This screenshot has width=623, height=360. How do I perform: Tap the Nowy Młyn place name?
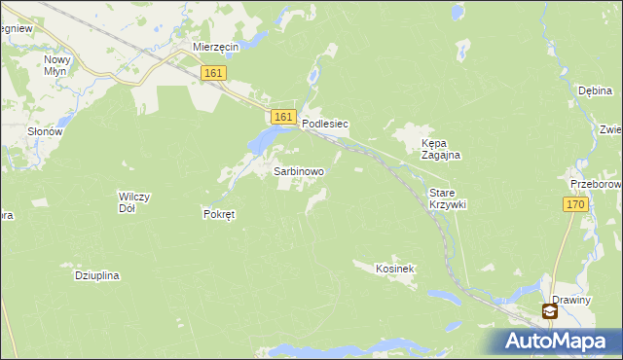coord(57,65)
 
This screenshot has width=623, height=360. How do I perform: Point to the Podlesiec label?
coord(325,125)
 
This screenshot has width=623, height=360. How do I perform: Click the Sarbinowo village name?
coord(299,170)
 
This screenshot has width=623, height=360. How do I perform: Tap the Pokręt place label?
coord(219,214)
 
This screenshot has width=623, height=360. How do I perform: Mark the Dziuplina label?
coord(96,275)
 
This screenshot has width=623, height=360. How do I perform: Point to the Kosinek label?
coord(396,267)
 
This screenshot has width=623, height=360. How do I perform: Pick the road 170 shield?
coord(574,204)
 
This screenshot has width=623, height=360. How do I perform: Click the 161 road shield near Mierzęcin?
coord(214,73)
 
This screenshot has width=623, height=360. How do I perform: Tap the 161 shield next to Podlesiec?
coord(282,116)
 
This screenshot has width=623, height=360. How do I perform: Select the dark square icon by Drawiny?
coord(550,311)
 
